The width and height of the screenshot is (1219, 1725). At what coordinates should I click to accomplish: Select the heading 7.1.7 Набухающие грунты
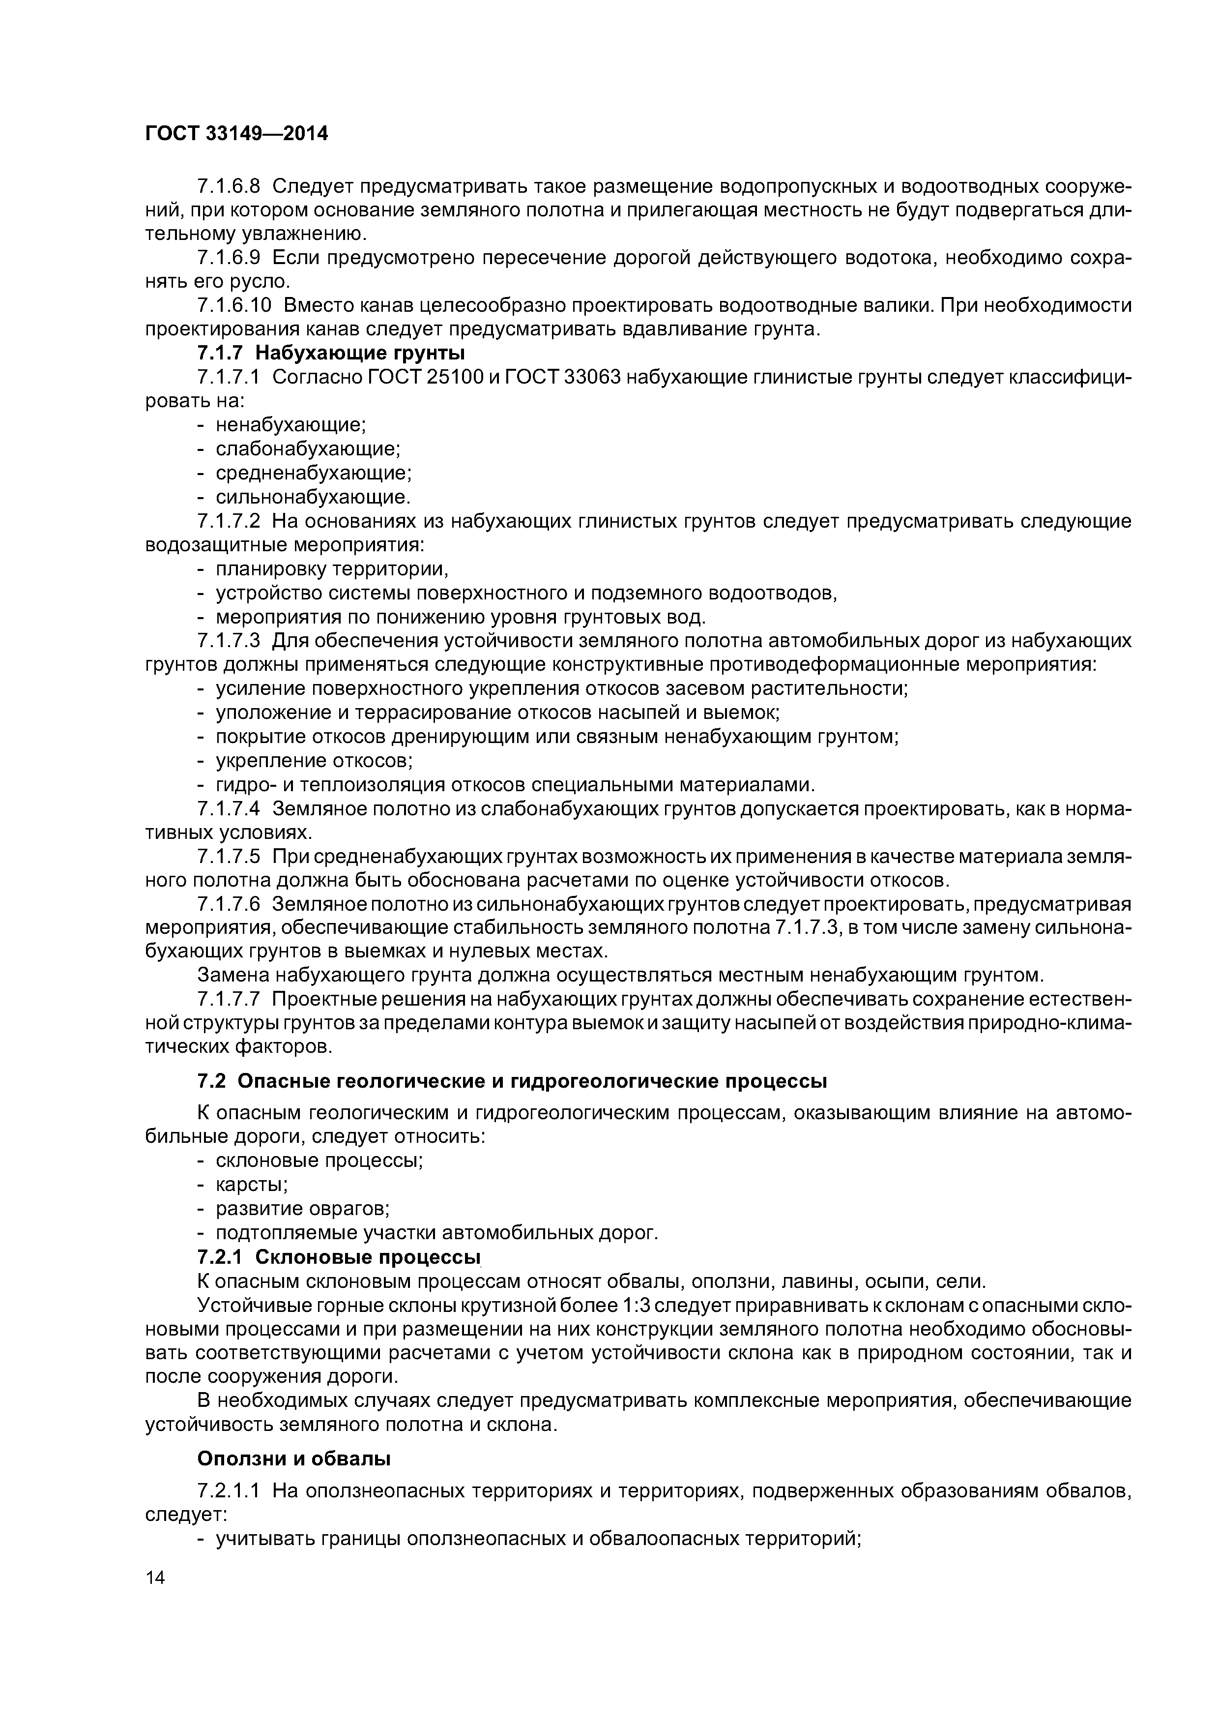(x=330, y=353)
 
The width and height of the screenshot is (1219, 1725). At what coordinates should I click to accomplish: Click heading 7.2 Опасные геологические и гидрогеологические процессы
(x=512, y=1081)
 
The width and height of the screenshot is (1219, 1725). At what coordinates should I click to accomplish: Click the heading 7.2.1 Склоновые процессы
(x=338, y=1257)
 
